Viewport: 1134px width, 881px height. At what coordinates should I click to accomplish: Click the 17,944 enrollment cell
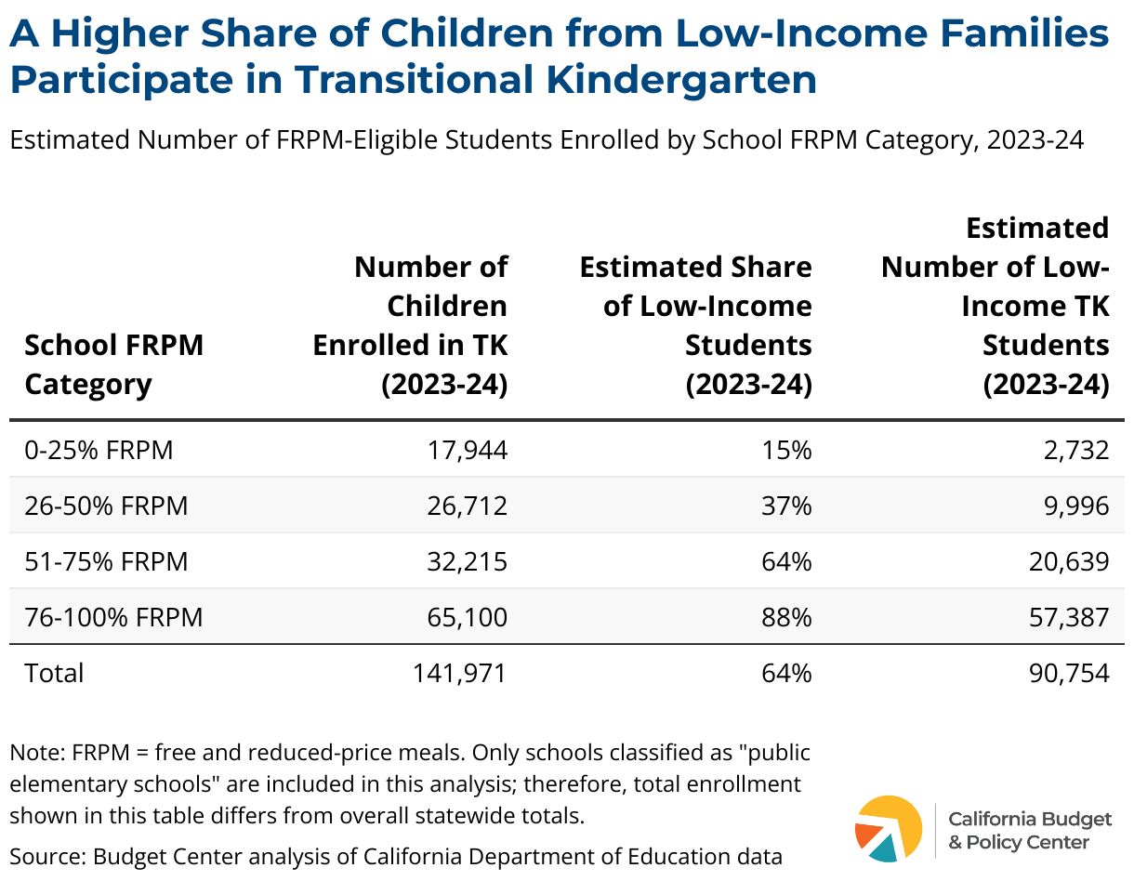467,450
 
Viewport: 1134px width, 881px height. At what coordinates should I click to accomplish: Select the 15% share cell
786,450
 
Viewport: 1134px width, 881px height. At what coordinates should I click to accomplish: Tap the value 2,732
1076,450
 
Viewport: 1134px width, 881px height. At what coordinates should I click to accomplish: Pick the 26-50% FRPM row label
106,506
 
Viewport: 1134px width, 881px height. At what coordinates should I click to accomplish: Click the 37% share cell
786,506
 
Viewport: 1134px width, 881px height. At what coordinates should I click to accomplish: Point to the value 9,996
1076,506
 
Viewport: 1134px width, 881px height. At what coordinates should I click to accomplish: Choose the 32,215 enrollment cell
467,561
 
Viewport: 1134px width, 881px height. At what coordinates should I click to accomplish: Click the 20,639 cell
1069,561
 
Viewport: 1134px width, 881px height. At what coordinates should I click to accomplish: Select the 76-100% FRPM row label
113,618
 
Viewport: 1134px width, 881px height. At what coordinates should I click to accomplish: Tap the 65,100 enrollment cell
467,618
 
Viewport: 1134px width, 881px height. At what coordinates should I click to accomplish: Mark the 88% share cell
786,618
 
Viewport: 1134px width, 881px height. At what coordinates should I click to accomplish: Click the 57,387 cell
1069,618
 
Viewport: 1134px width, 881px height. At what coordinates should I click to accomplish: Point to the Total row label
54,674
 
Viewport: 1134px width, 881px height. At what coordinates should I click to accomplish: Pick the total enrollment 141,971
460,674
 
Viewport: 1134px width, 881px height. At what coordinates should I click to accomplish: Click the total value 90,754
1069,674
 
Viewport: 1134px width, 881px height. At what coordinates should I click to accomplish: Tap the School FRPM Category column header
113,364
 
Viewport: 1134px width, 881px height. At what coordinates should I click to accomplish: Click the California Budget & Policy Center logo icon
889,828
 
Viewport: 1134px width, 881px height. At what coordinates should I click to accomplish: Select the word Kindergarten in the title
681,80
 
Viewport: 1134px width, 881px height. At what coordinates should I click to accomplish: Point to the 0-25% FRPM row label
99,450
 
